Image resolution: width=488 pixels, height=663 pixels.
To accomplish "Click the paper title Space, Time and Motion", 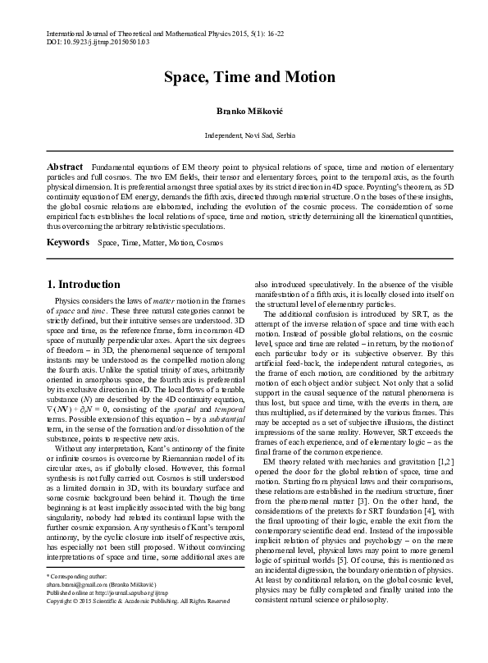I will tap(249, 77).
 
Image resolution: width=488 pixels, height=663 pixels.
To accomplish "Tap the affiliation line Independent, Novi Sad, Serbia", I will tap(249, 135).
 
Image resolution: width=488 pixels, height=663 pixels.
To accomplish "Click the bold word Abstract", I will tap(64, 166).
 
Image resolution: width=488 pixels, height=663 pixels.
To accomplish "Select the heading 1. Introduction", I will tap(83, 285).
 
